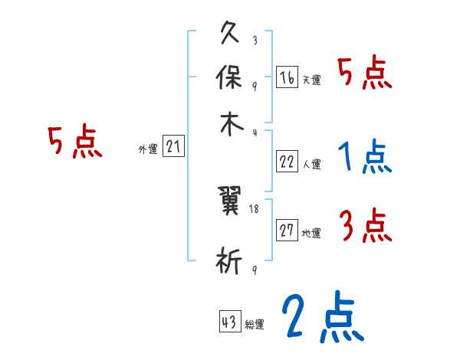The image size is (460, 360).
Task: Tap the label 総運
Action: (255, 324)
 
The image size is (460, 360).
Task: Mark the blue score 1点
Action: (364, 158)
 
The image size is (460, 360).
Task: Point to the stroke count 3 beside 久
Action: (255, 40)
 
